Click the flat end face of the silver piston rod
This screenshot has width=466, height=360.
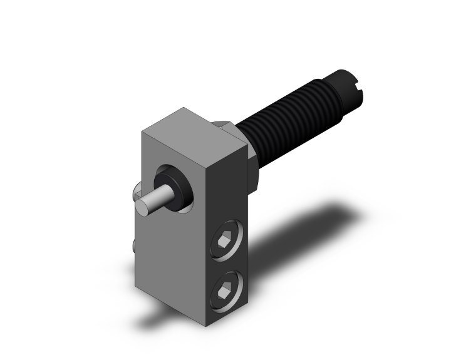[x=146, y=205]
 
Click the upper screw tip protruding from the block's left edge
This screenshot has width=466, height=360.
[x=136, y=190]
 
